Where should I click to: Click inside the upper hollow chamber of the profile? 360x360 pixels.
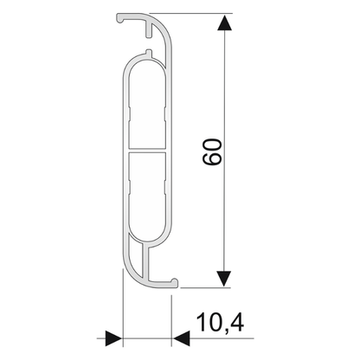[x=145, y=104]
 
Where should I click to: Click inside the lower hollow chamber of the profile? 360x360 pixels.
[x=145, y=199]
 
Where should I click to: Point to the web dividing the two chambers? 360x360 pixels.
[x=145, y=152]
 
